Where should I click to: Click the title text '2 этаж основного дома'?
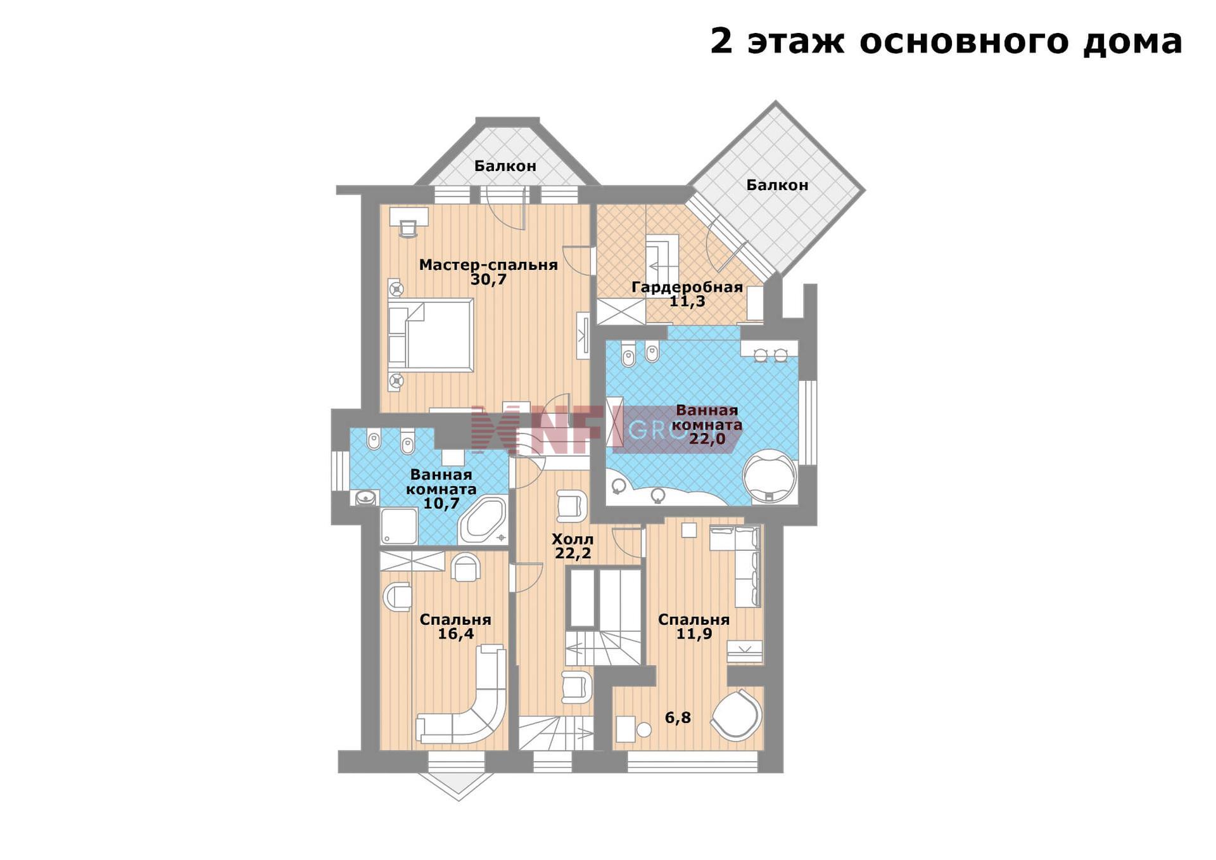click(x=946, y=42)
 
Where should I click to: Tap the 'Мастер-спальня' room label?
click(x=488, y=265)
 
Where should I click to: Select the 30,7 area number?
click(x=488, y=279)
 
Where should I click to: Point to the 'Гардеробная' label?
click(x=687, y=287)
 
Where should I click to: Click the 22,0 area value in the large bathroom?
click(x=707, y=438)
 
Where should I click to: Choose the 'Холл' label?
click(x=573, y=539)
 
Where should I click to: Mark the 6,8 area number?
click(x=678, y=718)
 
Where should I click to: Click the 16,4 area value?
click(x=456, y=634)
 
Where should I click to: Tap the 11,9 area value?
click(x=694, y=633)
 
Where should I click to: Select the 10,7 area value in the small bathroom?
click(x=441, y=504)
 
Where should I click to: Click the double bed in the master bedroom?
click(x=431, y=335)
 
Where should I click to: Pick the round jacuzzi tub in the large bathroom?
click(x=769, y=476)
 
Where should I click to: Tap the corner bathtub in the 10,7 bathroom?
click(x=483, y=520)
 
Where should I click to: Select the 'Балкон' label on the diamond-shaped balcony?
click(x=777, y=185)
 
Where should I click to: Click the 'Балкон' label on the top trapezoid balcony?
click(x=505, y=166)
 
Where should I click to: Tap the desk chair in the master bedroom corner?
click(x=408, y=228)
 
